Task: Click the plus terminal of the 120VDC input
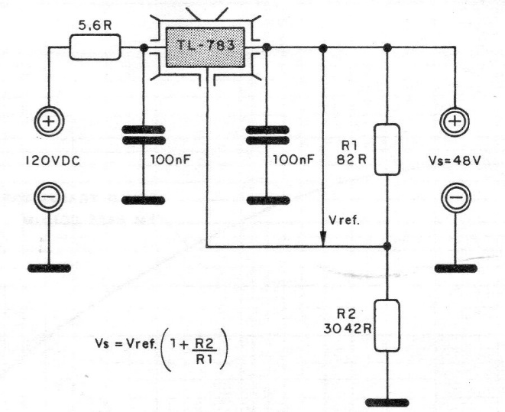52,123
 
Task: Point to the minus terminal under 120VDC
52,197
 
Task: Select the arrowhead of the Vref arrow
324,239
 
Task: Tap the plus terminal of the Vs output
455,123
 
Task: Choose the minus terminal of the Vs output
455,197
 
